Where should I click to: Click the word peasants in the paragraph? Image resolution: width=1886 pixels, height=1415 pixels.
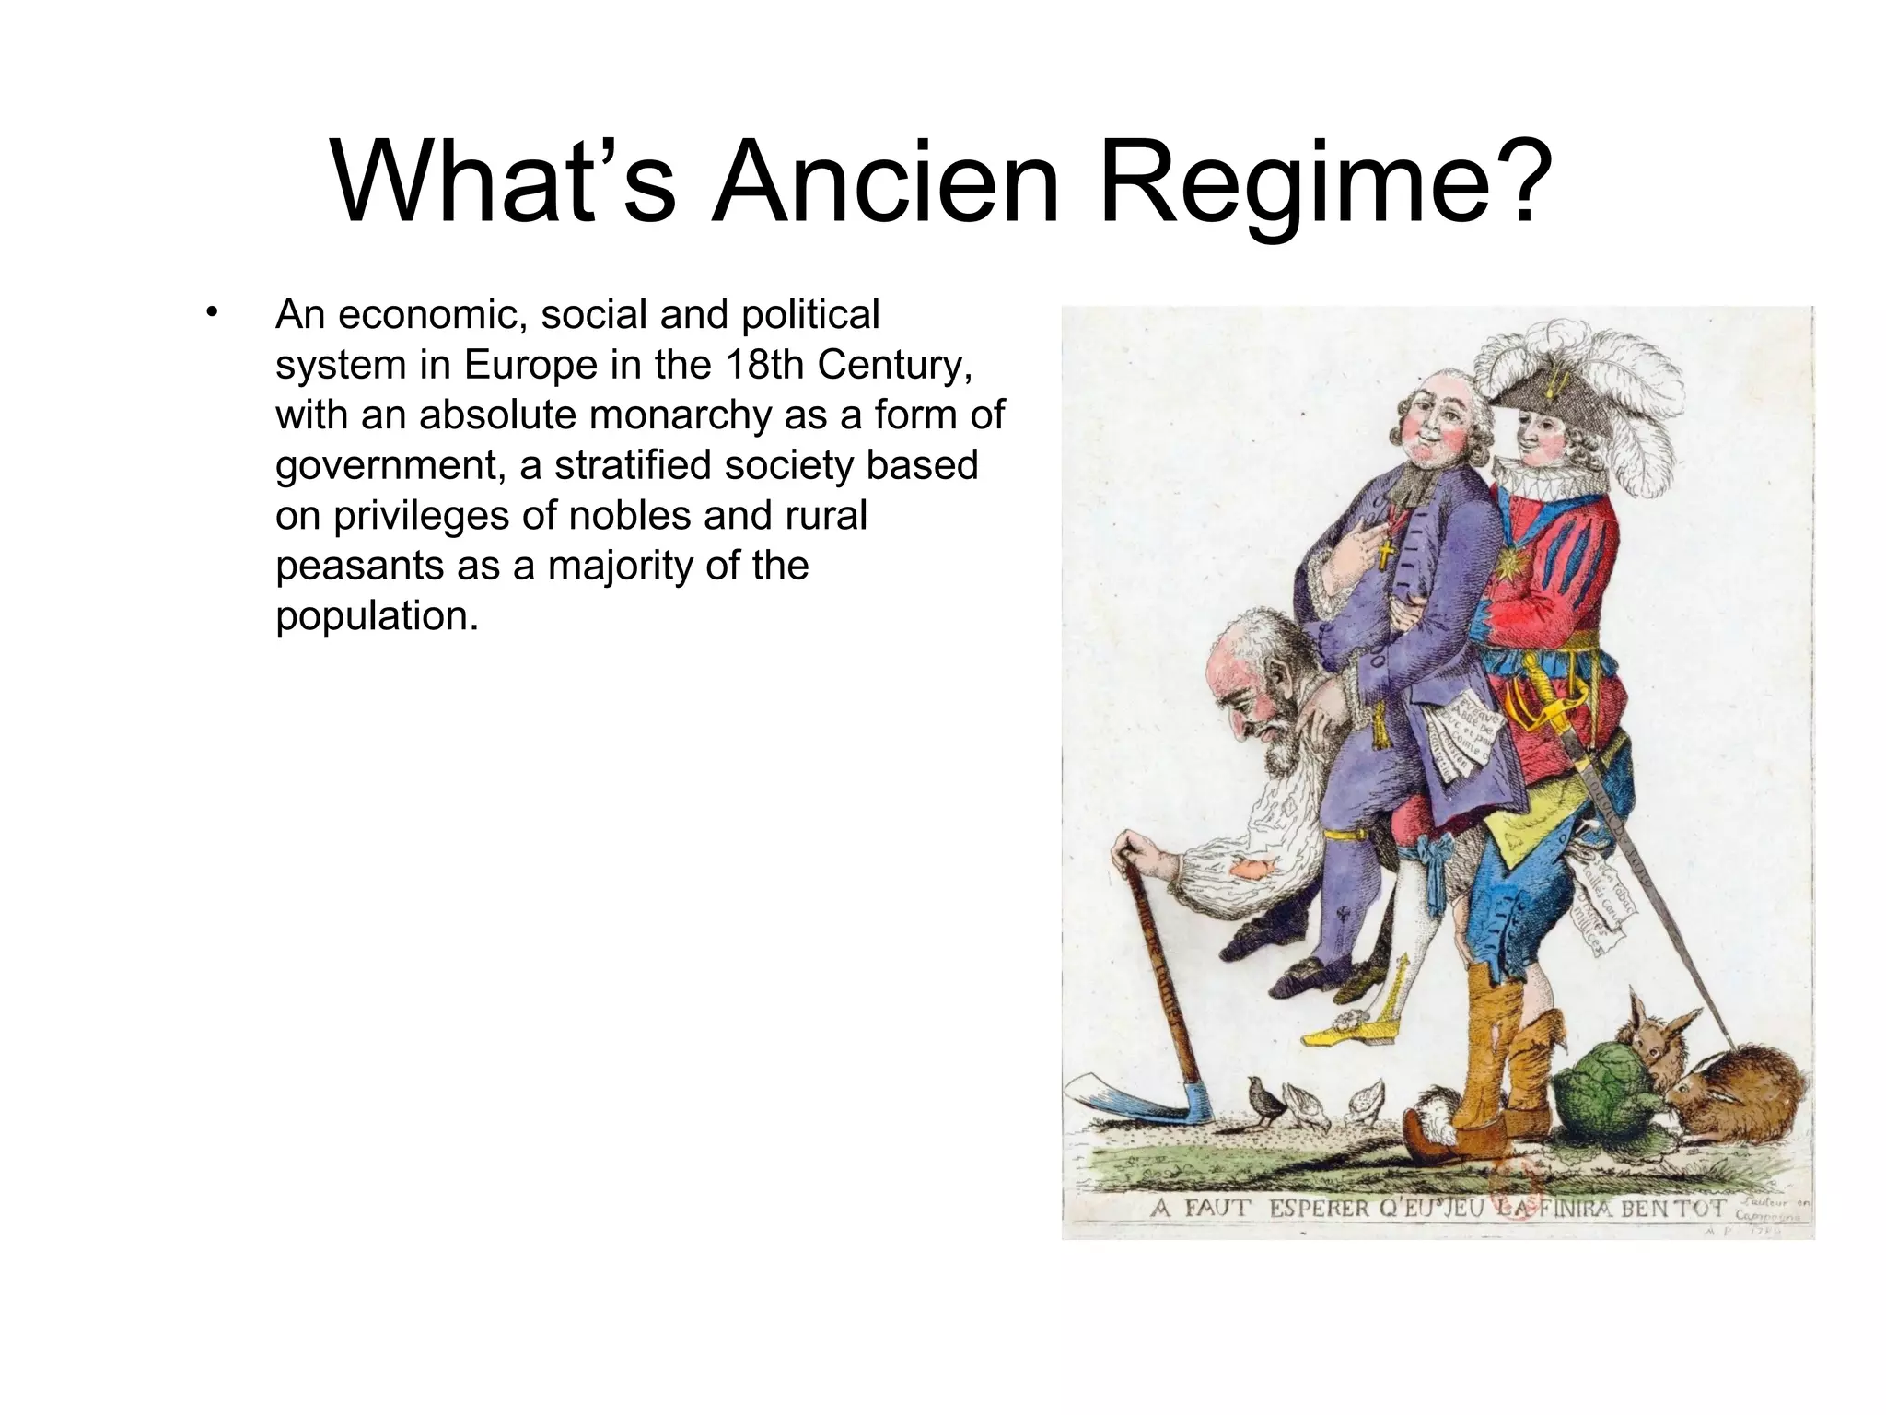(x=387, y=566)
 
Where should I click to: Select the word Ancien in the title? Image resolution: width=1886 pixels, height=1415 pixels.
(x=888, y=183)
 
